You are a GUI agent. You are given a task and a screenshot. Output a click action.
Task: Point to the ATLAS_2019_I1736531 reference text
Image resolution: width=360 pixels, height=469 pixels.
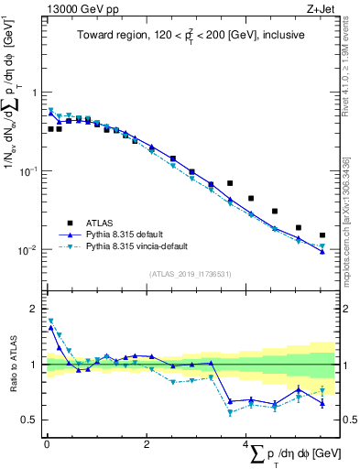pos(189,273)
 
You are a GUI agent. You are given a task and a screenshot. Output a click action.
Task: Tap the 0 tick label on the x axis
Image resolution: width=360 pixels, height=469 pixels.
pos(47,444)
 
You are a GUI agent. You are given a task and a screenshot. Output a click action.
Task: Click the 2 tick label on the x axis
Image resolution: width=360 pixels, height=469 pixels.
pos(147,444)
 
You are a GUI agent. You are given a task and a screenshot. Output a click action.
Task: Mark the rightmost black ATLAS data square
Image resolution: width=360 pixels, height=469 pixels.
pos(322,234)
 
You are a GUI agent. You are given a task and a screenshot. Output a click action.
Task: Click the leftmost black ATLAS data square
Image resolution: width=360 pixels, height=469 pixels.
pos(50,129)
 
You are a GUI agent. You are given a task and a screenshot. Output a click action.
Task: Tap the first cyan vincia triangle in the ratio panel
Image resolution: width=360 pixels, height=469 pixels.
pos(50,321)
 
